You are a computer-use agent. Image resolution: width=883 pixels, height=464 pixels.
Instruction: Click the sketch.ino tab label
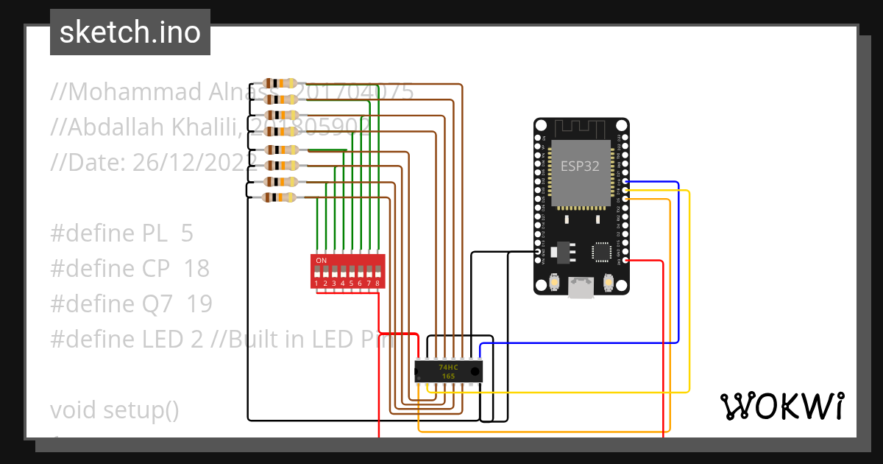click(x=130, y=32)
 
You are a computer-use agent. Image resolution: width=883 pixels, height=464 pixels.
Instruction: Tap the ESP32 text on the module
click(x=580, y=166)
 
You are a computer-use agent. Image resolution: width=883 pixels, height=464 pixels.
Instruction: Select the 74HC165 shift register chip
click(x=448, y=371)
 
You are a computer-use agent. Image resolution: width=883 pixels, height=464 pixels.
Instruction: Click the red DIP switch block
click(x=348, y=271)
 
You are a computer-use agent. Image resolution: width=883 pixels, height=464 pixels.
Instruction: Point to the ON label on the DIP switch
click(x=321, y=261)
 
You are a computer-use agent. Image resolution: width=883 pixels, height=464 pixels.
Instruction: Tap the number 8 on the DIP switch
click(x=377, y=284)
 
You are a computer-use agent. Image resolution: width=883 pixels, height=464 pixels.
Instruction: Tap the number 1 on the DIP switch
click(x=316, y=284)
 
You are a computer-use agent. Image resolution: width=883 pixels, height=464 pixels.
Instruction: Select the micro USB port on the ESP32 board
click(x=581, y=287)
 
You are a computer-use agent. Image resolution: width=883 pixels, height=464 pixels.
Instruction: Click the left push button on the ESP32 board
click(x=555, y=282)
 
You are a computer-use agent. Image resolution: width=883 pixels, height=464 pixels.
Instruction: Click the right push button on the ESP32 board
click(x=609, y=282)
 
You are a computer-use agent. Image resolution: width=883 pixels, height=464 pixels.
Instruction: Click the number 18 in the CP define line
click(x=196, y=269)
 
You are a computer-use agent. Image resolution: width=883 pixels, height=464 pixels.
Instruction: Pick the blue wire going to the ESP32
click(x=678, y=258)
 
